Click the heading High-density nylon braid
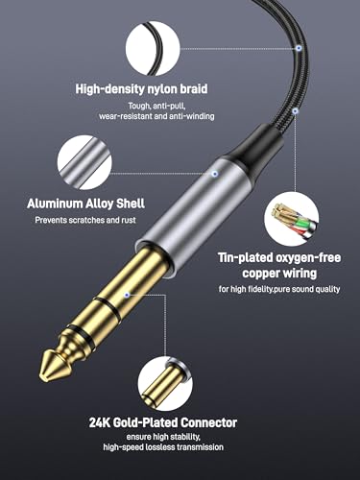pos(141,88)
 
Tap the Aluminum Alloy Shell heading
pos(85,204)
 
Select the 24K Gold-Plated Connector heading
pos(163,422)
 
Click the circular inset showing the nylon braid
pos(153,47)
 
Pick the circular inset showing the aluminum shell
pos(84,162)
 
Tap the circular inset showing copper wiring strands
pos(291,219)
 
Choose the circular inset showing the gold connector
pos(165,384)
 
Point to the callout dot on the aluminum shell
pos(215,174)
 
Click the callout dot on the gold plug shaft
pos(127,295)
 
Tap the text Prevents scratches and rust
pos(85,220)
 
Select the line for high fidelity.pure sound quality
pos(279,289)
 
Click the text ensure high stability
pos(163,437)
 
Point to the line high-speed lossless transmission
pos(163,446)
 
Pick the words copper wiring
pos(279,273)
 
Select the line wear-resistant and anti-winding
pos(156,116)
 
